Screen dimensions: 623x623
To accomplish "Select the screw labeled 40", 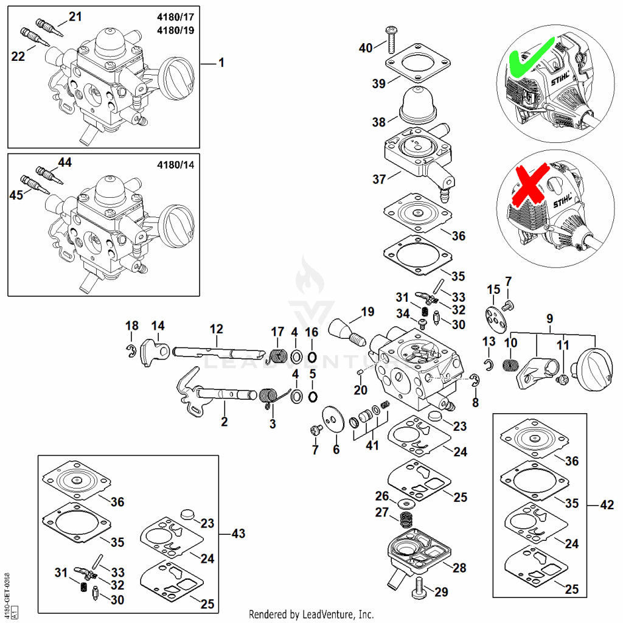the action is (389, 39).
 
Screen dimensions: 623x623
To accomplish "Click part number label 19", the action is (367, 312).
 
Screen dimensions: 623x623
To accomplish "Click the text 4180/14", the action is (176, 164).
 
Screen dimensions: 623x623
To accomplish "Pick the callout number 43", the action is (238, 533).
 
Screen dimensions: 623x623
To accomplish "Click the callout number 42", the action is (607, 504).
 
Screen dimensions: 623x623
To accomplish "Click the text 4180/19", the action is (176, 30).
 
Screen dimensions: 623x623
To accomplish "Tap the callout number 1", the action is (221, 63).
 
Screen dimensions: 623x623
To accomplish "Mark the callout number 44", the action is (64, 162).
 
